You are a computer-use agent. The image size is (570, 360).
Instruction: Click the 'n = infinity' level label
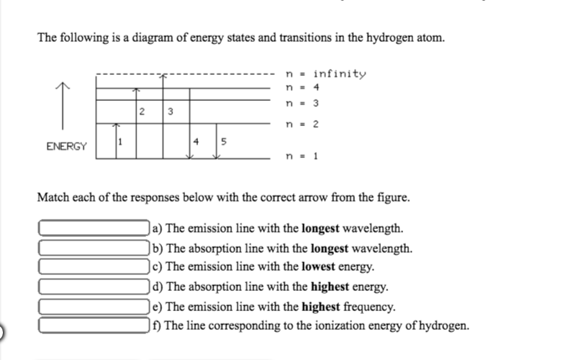[326, 74]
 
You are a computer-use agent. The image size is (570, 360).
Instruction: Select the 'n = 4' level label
[302, 87]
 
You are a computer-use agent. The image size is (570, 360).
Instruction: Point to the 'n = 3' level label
[302, 104]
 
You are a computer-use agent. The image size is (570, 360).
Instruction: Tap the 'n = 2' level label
[302, 124]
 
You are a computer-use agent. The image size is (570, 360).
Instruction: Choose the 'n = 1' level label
[302, 155]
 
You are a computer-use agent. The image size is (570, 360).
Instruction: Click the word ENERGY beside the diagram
[66, 146]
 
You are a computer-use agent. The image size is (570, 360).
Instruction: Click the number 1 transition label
[120, 140]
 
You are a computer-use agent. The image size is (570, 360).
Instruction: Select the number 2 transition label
[142, 112]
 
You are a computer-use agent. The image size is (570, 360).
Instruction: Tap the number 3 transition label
[170, 112]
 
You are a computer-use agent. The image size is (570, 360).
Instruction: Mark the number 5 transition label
[223, 140]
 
